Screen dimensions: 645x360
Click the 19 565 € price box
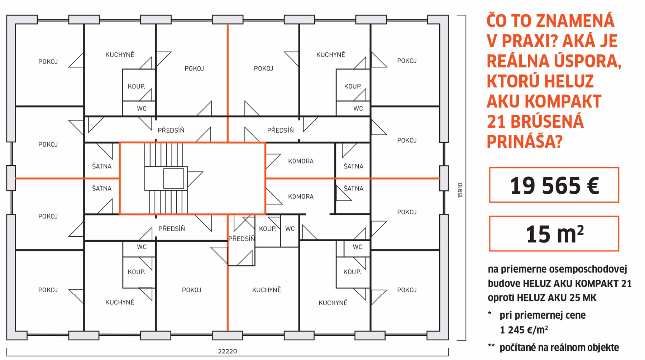point(554,185)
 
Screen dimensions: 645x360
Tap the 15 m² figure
point(555,234)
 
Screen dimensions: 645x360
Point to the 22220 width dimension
point(228,351)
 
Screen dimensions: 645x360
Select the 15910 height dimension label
point(460,190)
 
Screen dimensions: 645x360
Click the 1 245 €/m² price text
point(524,330)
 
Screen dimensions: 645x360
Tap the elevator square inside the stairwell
point(174,179)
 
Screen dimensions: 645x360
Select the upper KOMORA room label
point(301,161)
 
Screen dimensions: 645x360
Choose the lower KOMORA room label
point(301,196)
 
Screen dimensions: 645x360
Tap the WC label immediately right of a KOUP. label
point(290,229)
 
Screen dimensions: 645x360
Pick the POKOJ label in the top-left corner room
point(48,62)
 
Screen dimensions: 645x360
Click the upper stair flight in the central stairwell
point(164,155)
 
